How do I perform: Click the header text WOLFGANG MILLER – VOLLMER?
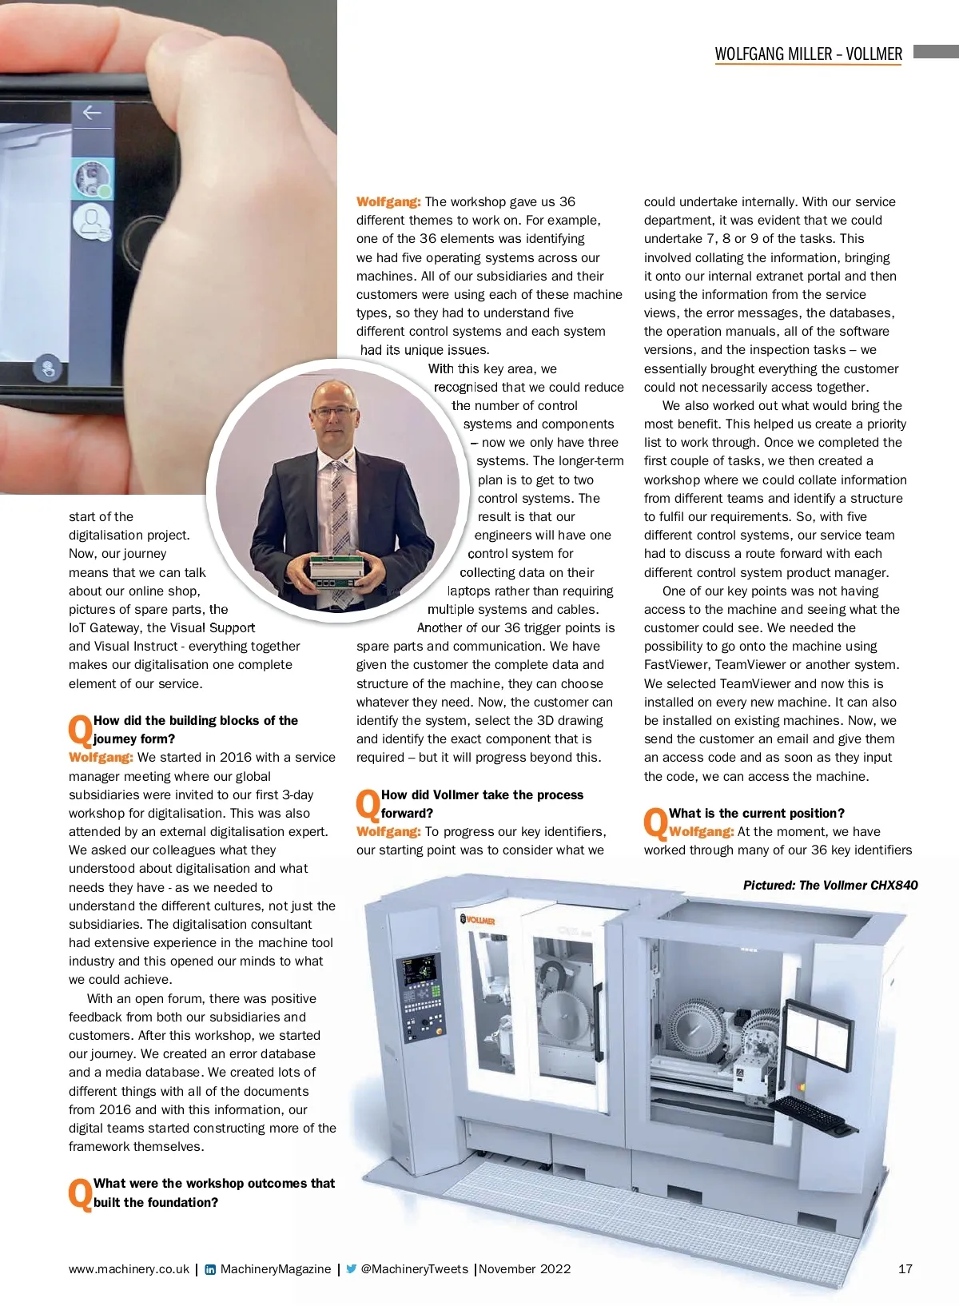coord(808,54)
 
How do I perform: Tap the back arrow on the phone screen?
coord(92,113)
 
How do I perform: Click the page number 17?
coord(905,1268)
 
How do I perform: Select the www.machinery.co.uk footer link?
coord(129,1268)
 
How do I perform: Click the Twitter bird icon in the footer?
coord(351,1268)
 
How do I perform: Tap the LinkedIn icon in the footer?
coord(210,1269)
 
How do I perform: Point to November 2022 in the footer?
coord(525,1268)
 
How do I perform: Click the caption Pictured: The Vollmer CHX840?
coord(830,885)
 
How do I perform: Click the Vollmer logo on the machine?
coord(478,920)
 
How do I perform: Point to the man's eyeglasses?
coord(334,410)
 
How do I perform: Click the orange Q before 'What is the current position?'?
coord(655,823)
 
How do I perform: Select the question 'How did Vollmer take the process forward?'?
coord(482,804)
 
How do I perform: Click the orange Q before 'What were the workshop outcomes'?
coord(80,1193)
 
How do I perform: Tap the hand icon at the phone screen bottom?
coord(48,368)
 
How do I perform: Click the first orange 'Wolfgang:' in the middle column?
coord(388,202)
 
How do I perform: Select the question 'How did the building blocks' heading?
coord(195,730)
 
